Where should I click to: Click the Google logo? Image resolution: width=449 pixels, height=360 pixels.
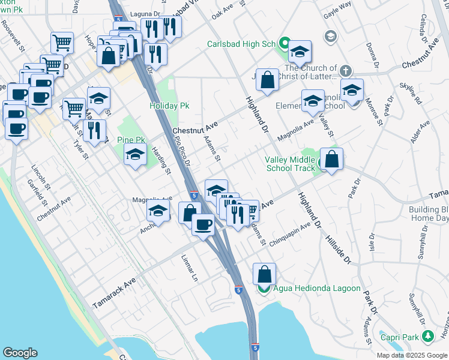coord(20,353)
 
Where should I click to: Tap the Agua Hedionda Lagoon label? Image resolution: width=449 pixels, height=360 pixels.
coord(317,289)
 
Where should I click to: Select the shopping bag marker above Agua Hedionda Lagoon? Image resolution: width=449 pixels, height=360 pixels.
coord(264,274)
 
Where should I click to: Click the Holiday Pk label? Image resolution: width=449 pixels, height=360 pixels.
coord(169,106)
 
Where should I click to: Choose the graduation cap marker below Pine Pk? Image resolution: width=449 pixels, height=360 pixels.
coord(135,155)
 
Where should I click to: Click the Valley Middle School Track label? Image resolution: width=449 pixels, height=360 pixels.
coord(290,164)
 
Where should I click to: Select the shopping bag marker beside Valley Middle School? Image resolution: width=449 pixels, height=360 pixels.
coord(331,159)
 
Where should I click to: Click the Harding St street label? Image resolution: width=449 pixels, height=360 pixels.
coord(161,161)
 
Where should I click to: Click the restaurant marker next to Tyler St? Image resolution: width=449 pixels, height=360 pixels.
coord(94,131)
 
